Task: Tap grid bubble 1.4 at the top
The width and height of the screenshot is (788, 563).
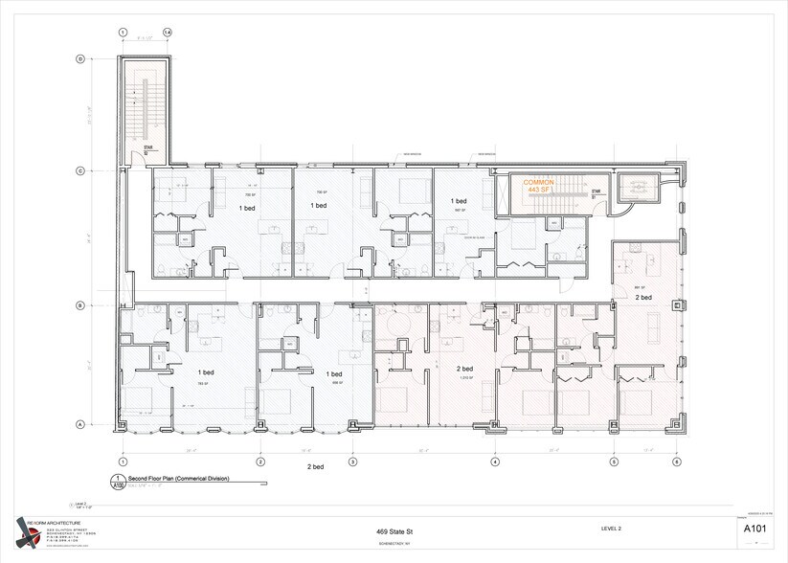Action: point(168,32)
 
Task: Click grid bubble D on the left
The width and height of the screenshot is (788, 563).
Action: point(81,59)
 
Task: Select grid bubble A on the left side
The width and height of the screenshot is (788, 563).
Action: point(81,425)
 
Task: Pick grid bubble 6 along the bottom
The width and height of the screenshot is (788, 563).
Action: point(676,461)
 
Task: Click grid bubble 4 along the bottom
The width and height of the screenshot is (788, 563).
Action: point(495,461)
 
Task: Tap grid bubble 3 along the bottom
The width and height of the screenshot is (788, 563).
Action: point(352,461)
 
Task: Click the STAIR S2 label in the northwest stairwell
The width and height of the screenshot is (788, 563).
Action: point(148,150)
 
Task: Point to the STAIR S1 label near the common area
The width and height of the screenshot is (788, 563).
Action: point(595,193)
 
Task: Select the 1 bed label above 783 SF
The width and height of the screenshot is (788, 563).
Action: point(206,372)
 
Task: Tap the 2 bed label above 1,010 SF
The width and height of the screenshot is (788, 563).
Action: point(464,369)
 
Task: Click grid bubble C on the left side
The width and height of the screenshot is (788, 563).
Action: point(81,171)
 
